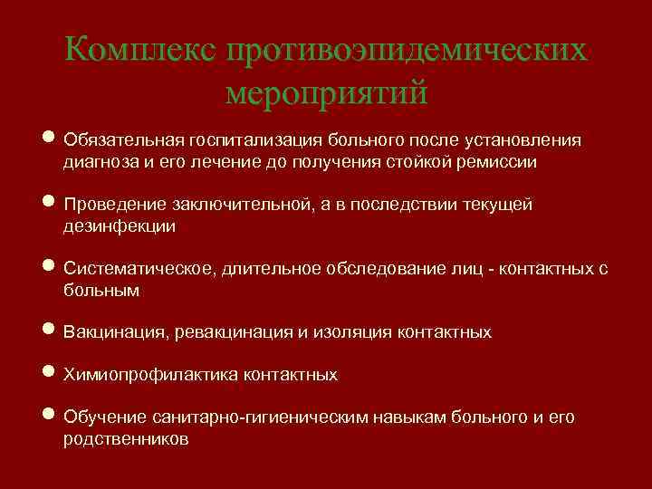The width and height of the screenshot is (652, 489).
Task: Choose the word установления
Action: click(x=522, y=141)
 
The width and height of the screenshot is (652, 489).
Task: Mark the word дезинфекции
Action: click(x=120, y=227)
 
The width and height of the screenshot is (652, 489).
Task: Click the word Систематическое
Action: click(x=136, y=270)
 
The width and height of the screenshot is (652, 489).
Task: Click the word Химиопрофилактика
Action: click(x=148, y=375)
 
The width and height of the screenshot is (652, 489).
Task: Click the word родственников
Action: click(x=126, y=439)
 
